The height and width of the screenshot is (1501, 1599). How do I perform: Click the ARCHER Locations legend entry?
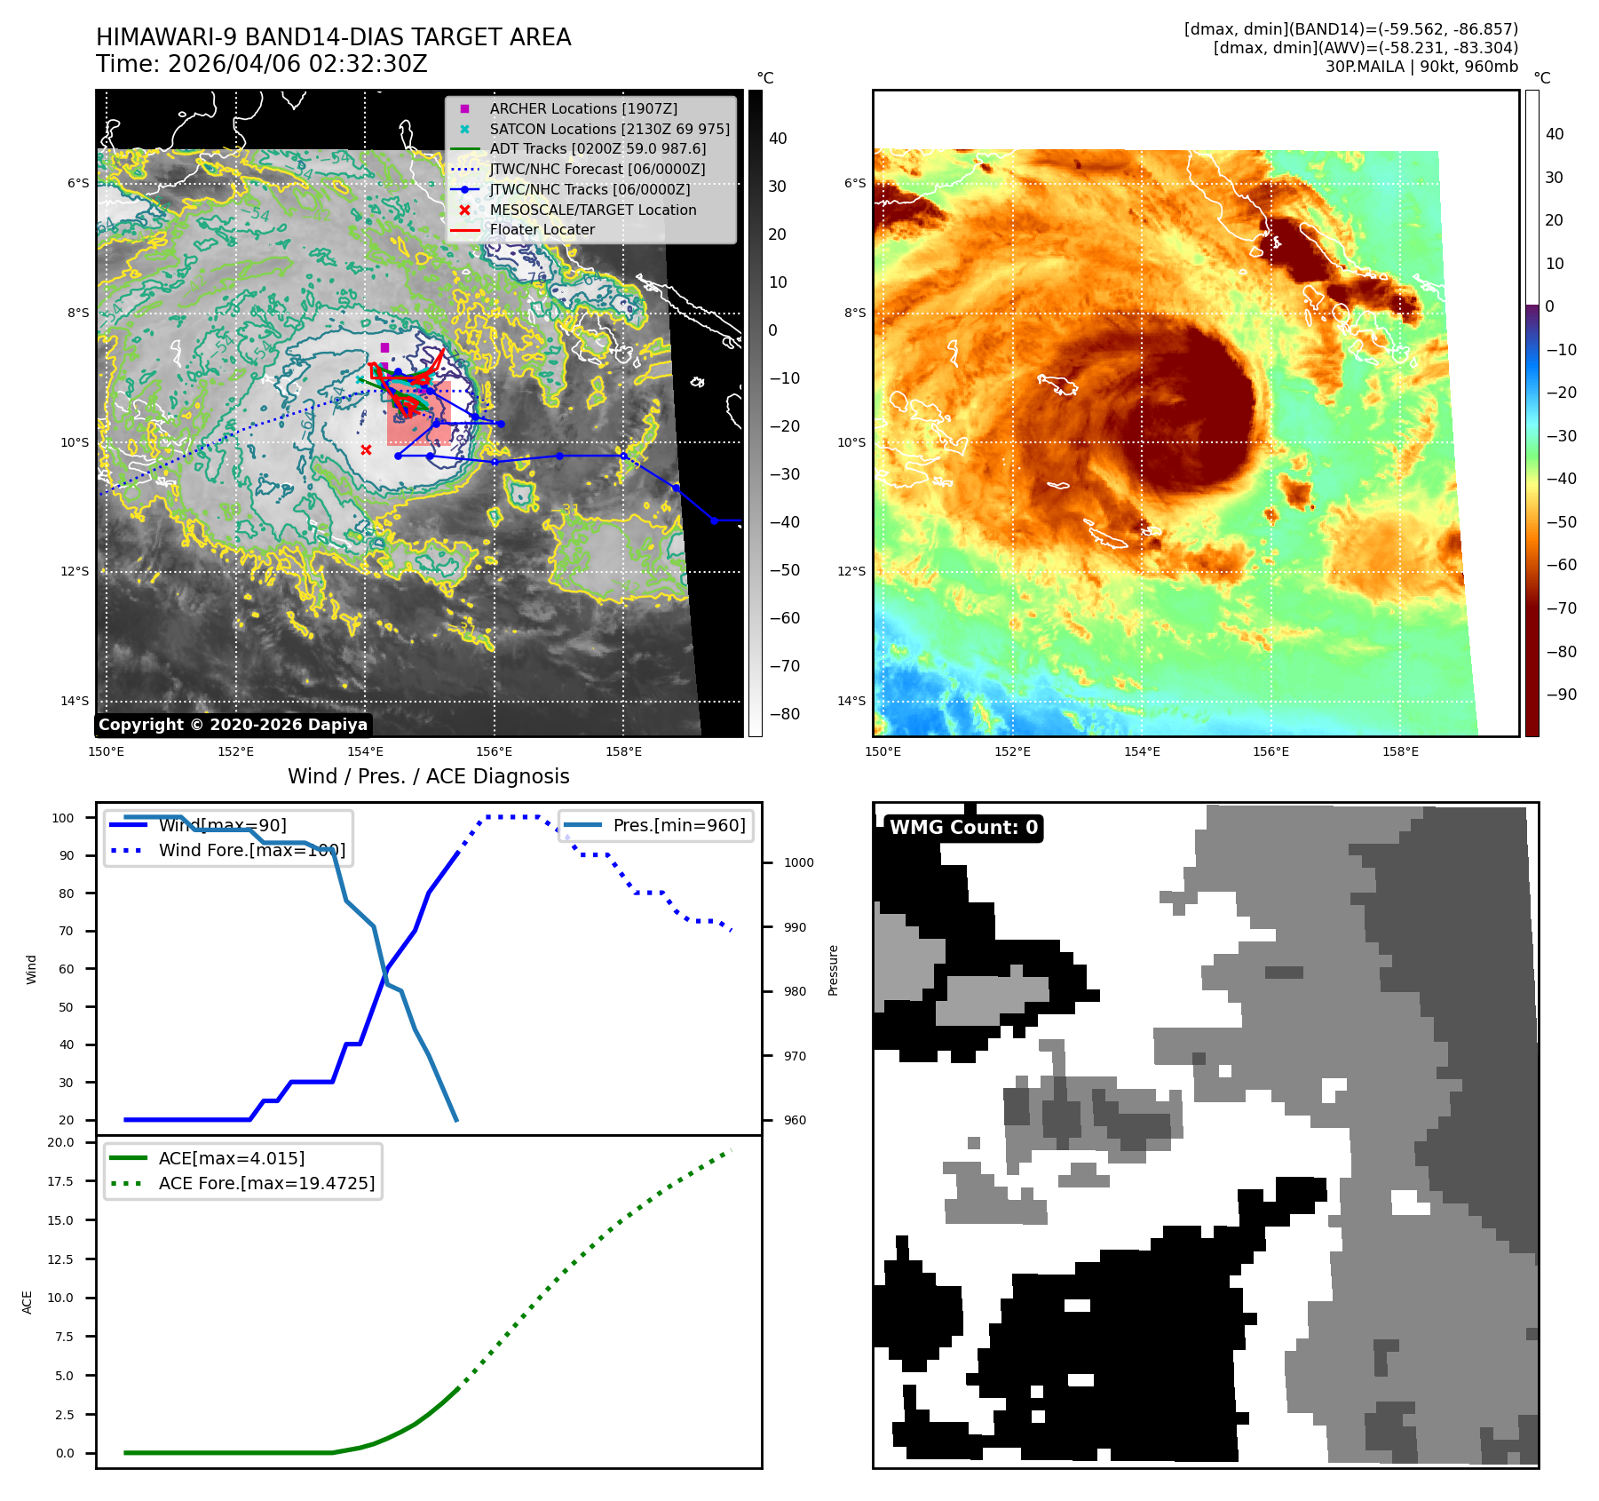click(583, 108)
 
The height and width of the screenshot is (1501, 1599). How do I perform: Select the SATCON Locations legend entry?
click(609, 129)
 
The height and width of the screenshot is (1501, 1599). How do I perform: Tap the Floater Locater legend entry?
click(542, 229)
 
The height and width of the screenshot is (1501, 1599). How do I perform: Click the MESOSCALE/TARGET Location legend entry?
click(592, 210)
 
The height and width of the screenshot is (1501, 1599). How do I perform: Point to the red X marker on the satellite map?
click(366, 450)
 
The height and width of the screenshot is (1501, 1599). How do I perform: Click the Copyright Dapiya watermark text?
click(233, 725)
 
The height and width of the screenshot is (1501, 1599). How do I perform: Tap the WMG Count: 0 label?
click(963, 828)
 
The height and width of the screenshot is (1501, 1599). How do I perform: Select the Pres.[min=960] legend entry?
click(679, 825)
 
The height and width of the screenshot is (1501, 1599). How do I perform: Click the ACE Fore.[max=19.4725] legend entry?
click(266, 1183)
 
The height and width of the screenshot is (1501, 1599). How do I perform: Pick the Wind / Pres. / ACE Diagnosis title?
click(429, 776)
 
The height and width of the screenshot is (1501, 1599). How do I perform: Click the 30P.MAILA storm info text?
click(1421, 67)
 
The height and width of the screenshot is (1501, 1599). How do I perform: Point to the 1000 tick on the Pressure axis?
click(798, 862)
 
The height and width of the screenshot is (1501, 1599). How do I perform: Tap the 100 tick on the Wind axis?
click(62, 818)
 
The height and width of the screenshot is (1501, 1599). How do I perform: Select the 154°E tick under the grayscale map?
click(365, 751)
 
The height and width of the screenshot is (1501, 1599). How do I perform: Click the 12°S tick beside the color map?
click(851, 571)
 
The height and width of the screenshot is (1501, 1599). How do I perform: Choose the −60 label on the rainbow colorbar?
click(1561, 565)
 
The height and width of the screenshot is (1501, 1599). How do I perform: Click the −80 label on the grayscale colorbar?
click(784, 714)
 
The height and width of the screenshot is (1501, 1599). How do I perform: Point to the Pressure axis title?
click(833, 970)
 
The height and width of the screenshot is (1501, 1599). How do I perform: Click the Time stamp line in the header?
click(262, 64)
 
